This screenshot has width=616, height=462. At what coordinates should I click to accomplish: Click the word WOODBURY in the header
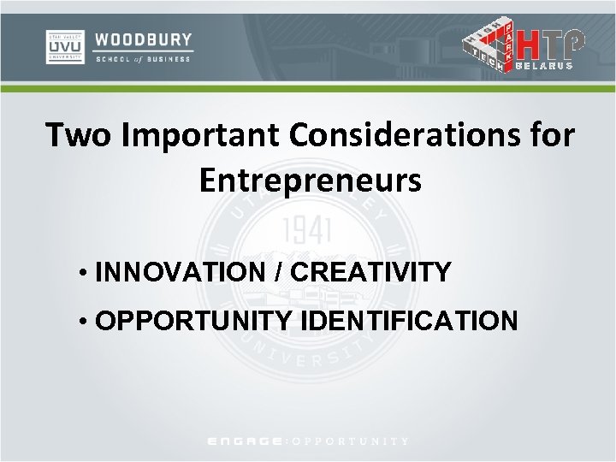[144, 39]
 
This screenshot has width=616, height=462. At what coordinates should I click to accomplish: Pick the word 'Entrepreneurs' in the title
[310, 180]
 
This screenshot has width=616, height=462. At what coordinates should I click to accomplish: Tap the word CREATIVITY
[370, 273]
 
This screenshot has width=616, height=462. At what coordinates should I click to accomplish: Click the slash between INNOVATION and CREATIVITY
[283, 273]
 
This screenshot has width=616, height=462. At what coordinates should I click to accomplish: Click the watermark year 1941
[306, 229]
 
